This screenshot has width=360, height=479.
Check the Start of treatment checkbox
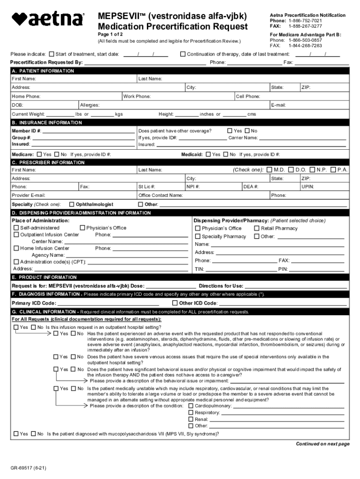52,54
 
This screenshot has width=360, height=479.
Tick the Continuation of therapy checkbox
183,54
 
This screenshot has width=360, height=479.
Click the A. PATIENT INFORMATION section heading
43,71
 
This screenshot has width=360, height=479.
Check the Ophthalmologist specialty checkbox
72,204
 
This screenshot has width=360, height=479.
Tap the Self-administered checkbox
16,228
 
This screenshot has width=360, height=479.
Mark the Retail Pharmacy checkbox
257,228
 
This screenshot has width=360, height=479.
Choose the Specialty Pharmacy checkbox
198,236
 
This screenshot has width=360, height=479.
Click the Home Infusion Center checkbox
16,248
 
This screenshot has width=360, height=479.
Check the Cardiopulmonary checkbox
191,406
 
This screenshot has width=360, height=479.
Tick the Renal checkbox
191,419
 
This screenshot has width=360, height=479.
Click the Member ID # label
26,131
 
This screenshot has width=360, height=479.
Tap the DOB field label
18,105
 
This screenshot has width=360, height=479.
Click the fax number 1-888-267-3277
305,26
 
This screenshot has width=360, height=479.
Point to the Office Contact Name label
160,195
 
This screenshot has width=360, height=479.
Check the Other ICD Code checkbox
175,303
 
